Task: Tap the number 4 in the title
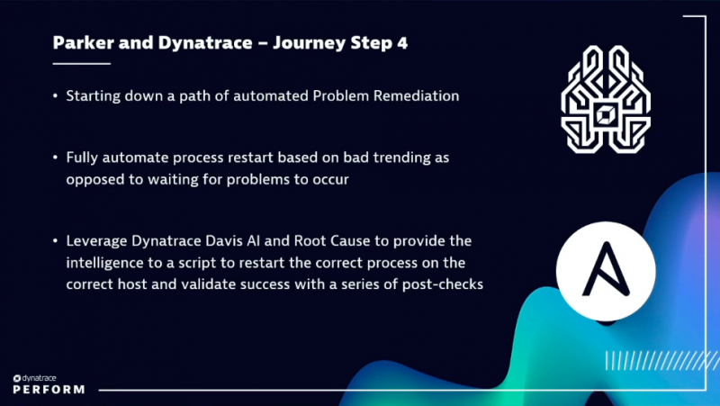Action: tap(401, 43)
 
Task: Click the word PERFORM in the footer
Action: tap(49, 390)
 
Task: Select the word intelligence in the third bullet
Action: tap(106, 262)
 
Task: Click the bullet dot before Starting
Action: tap(56, 95)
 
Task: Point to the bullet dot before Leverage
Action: tap(56, 241)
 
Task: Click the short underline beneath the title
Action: tap(81, 63)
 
